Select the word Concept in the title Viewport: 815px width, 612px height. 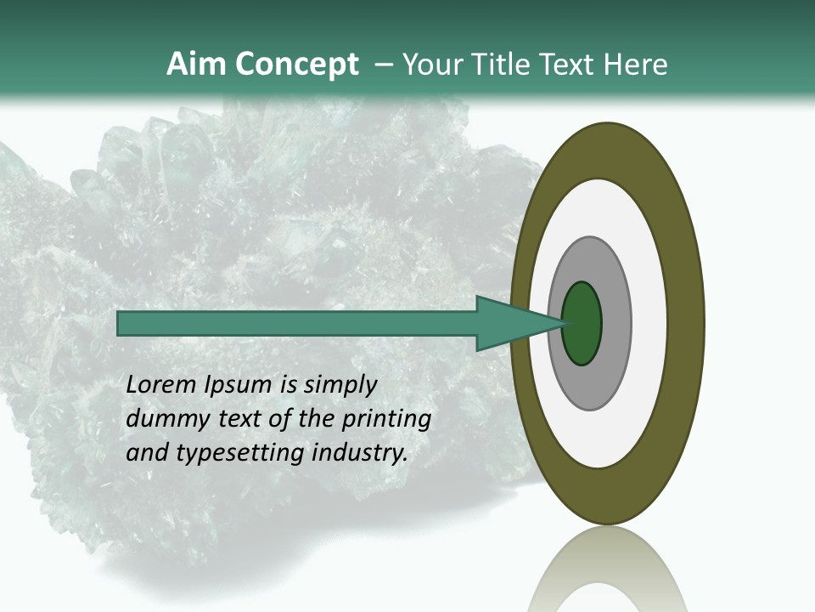[x=296, y=65]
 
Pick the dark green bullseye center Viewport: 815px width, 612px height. [x=582, y=324]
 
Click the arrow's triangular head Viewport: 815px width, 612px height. [x=509, y=324]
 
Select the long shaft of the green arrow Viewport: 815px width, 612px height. [x=297, y=324]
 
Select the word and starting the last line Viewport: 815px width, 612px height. [x=146, y=453]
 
